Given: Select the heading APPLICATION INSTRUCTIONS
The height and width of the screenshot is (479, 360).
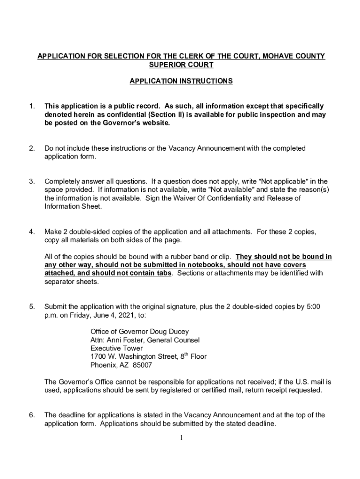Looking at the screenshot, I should pos(181,81).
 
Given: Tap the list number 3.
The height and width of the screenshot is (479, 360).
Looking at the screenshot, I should pos(32,181).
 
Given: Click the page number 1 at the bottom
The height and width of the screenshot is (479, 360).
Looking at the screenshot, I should pos(181,438).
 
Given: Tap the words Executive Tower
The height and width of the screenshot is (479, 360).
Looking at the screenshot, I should pos(116,348).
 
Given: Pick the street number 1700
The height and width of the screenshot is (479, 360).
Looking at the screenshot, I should pos(99,357).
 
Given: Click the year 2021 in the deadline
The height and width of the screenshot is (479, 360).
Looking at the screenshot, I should pos(123,315).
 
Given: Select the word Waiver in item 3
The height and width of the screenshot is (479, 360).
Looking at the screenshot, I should pos(184,198).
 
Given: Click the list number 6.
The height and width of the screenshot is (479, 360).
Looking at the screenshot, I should pos(32,415).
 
